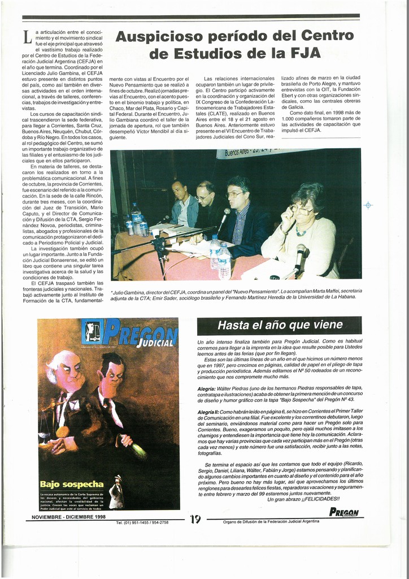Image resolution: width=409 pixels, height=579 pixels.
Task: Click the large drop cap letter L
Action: pyautogui.click(x=27, y=38)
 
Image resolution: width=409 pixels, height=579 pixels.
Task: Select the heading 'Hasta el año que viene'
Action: pyautogui.click(x=280, y=325)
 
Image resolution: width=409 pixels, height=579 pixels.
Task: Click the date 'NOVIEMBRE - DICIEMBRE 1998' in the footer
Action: pyautogui.click(x=69, y=517)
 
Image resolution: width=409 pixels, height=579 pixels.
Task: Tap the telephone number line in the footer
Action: pyautogui.click(x=142, y=522)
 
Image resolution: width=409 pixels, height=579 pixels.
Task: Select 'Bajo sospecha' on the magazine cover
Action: pyautogui.click(x=71, y=484)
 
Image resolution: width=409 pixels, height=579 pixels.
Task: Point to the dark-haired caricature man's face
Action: pyautogui.click(x=114, y=375)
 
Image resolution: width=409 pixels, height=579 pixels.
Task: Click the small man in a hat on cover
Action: pyautogui.click(x=116, y=491)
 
